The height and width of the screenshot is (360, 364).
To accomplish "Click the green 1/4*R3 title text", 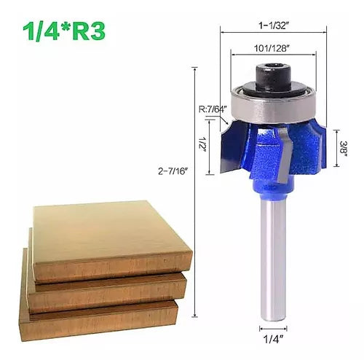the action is click(64, 31).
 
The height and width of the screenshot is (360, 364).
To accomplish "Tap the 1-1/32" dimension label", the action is click(274, 26).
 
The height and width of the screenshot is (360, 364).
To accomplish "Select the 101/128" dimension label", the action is click(272, 48).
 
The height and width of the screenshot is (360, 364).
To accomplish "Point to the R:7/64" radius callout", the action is click(213, 109).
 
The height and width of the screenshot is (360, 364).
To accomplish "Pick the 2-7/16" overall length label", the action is click(173, 171).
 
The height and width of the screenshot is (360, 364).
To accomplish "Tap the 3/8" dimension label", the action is click(344, 148).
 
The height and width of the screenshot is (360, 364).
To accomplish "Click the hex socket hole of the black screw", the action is click(274, 66).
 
